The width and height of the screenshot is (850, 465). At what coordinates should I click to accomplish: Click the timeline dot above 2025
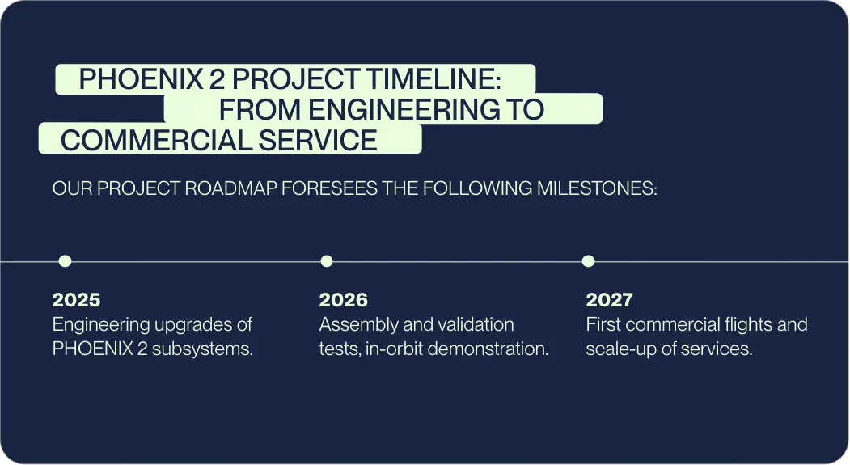click(x=65, y=261)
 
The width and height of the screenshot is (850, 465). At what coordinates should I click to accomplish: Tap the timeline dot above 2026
click(x=327, y=261)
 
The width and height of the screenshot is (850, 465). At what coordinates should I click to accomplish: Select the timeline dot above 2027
click(x=588, y=261)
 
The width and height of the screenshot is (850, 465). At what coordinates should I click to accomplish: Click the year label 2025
click(x=77, y=300)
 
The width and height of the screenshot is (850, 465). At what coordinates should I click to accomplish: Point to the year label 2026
click(x=343, y=300)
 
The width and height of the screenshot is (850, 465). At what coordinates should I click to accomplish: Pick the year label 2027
click(x=609, y=300)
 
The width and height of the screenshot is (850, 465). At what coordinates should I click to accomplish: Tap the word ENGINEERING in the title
click(x=404, y=109)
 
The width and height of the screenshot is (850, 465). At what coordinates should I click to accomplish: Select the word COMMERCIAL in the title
click(x=156, y=141)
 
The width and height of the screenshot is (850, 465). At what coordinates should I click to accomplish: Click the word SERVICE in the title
click(x=318, y=141)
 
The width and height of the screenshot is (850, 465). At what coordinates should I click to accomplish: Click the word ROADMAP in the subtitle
click(x=231, y=188)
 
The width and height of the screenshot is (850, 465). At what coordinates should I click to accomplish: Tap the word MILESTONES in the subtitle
click(x=597, y=188)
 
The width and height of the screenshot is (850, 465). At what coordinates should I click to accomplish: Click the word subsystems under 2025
click(x=202, y=349)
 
